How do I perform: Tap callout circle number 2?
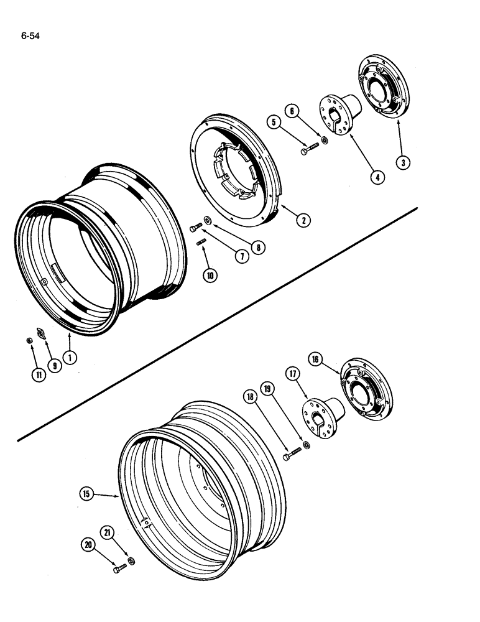click(304, 220)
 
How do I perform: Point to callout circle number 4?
click(377, 177)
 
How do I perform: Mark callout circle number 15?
click(87, 494)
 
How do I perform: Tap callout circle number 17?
click(293, 374)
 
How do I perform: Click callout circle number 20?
click(90, 545)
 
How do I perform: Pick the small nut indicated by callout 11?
click(29, 340)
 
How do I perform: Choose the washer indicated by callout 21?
click(131, 561)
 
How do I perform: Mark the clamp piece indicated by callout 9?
click(42, 334)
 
